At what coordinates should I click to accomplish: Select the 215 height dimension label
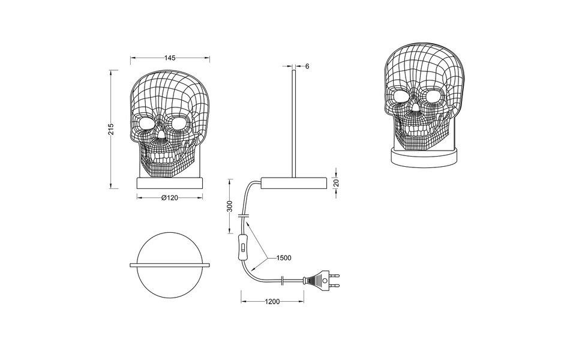(x=111, y=130)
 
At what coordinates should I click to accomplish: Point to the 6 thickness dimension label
(x=307, y=66)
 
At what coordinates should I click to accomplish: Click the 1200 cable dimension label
(x=272, y=302)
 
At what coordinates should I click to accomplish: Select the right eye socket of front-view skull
(x=179, y=124)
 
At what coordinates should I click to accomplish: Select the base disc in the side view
(x=293, y=184)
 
